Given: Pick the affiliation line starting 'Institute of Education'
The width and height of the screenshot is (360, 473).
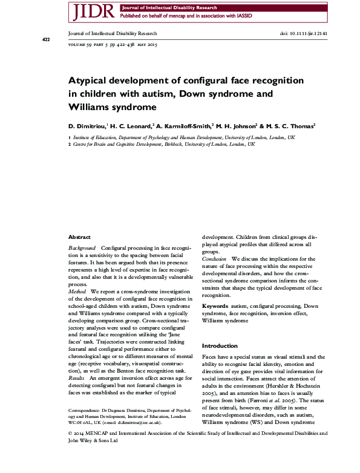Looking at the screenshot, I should click(x=182, y=137).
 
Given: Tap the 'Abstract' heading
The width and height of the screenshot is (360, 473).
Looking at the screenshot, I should click(x=80, y=238).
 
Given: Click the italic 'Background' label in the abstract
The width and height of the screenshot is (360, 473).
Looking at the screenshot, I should click(x=82, y=249).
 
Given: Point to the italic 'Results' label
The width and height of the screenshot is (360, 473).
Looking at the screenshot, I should click(x=77, y=377).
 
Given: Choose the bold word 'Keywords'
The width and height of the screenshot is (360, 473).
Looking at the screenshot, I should click(x=215, y=307).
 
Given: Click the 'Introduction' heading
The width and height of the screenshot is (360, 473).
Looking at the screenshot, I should click(x=220, y=345).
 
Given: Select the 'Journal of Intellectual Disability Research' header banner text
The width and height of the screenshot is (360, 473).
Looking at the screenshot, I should click(x=158, y=7).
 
